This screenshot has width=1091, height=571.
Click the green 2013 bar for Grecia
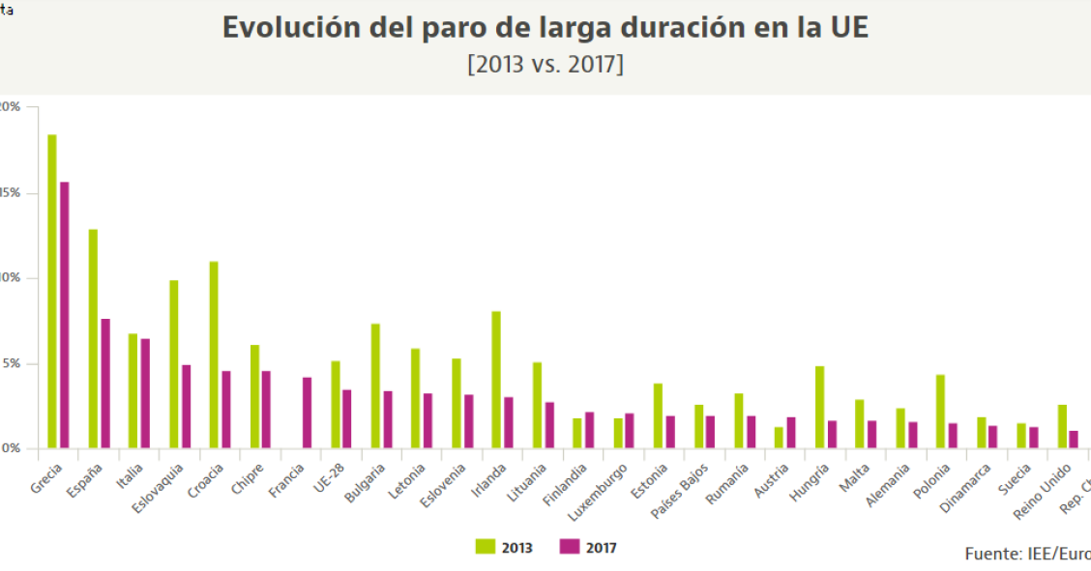[x=52, y=291]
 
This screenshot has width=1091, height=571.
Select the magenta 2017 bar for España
[x=105, y=384]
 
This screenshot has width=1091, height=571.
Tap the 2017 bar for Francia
[x=307, y=413]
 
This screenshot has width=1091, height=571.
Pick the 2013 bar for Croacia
[x=214, y=355]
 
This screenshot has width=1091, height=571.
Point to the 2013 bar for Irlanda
[x=496, y=380]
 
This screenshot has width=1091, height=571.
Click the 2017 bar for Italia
[x=145, y=393]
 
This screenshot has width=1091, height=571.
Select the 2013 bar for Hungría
[x=819, y=407]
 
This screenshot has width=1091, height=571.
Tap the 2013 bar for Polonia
[x=940, y=412]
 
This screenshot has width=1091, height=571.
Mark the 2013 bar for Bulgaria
[x=375, y=385]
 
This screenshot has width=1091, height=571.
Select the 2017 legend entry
[x=589, y=547]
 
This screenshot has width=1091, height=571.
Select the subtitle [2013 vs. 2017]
[x=545, y=65]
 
